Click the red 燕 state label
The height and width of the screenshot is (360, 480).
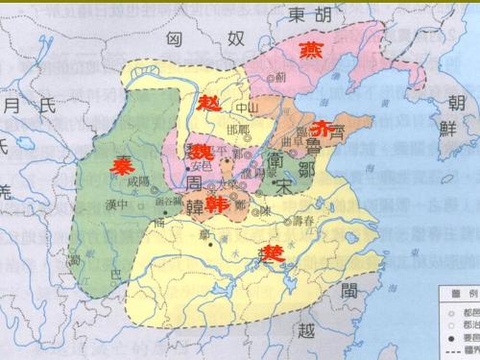point(313,50)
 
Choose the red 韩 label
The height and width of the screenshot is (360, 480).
point(217,204)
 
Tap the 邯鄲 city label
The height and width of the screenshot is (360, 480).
point(237,130)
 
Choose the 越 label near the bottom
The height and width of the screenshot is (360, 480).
point(306,330)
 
